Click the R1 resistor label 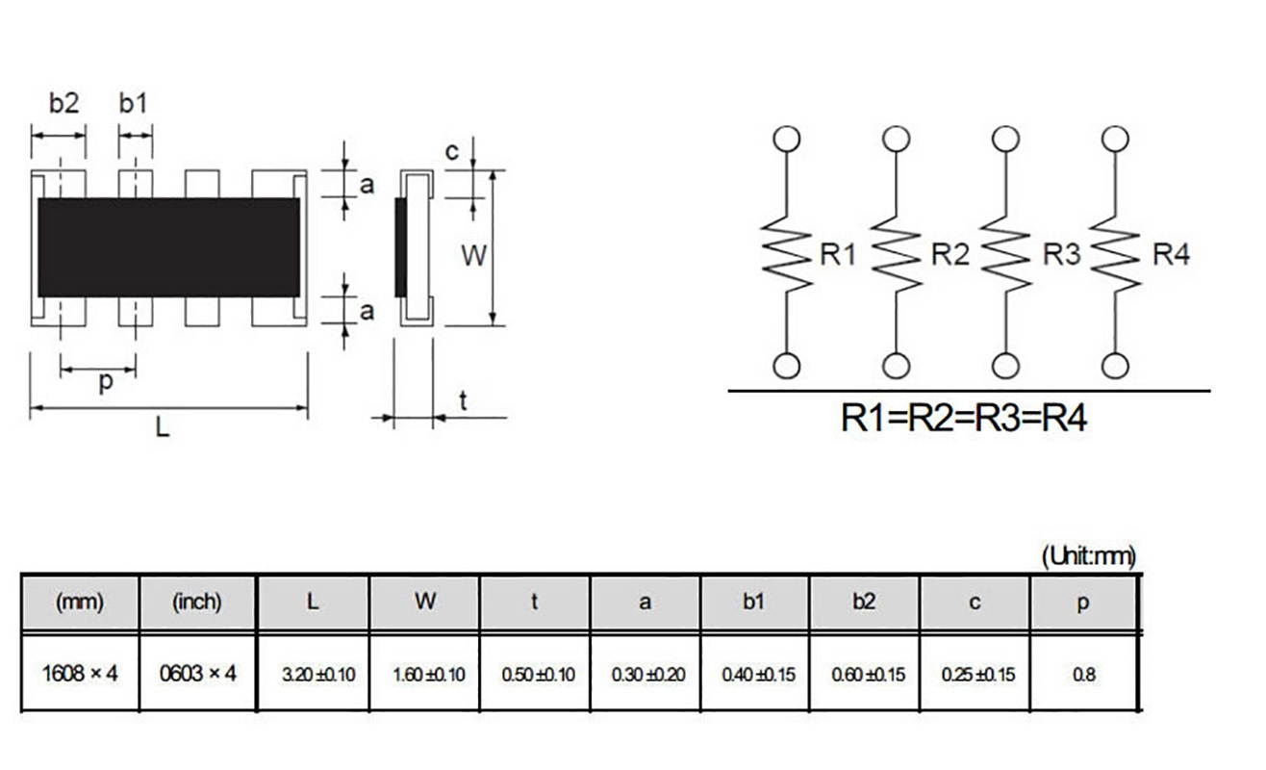click(837, 255)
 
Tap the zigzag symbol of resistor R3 click(1004, 255)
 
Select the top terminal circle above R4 click(1115, 138)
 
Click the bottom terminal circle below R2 click(897, 366)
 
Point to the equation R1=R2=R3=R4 click(964, 418)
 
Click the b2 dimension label click(63, 103)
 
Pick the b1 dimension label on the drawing click(134, 103)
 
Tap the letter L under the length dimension click(163, 429)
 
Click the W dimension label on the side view click(472, 255)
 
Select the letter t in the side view click(463, 401)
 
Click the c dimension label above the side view click(452, 151)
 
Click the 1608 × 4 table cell click(80, 674)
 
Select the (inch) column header click(197, 603)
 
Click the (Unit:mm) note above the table click(1088, 555)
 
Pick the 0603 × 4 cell click(197, 674)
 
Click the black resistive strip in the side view click(401, 247)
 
